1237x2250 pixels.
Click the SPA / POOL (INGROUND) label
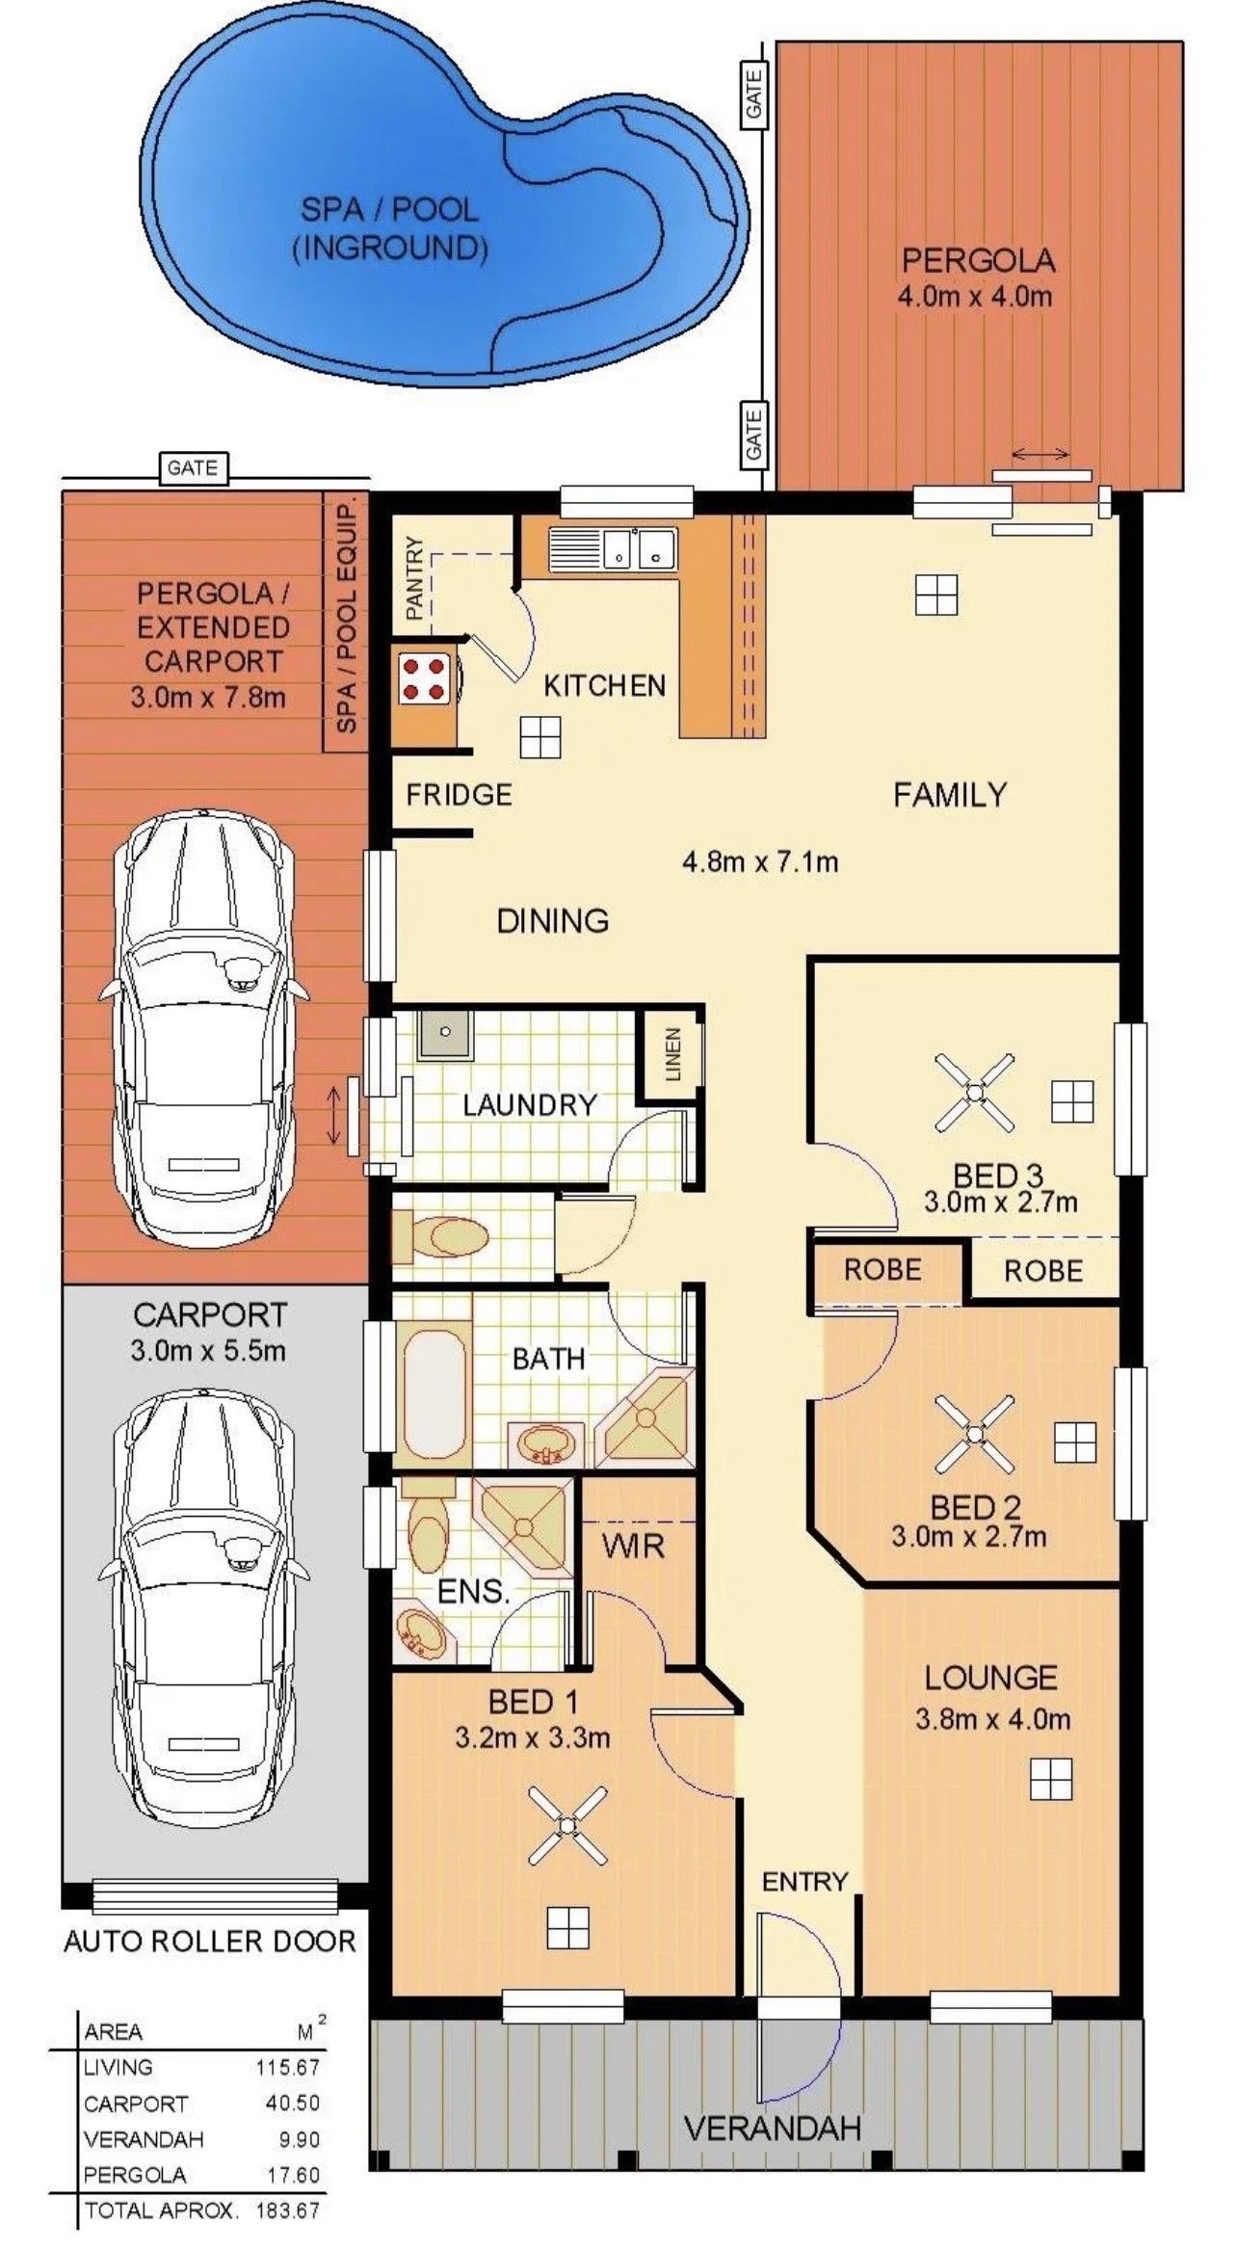[x=389, y=228]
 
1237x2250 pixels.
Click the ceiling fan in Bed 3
[x=975, y=1093]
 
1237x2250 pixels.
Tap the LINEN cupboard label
[x=672, y=1053]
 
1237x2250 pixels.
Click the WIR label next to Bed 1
[x=633, y=1547]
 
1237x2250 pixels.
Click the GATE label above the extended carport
[x=192, y=468]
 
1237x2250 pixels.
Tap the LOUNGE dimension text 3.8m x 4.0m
[x=992, y=1719]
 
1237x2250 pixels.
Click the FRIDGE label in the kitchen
[x=459, y=795]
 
